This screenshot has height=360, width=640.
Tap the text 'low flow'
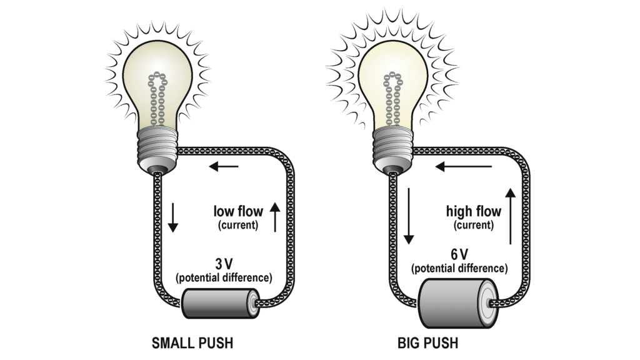click(x=238, y=211)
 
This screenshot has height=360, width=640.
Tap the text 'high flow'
click(x=474, y=211)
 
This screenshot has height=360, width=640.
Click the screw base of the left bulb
click(x=156, y=145)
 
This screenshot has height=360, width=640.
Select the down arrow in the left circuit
click(x=172, y=216)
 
